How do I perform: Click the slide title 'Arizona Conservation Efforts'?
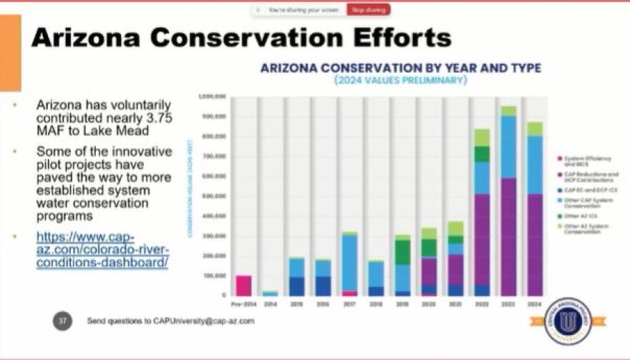pos(241,37)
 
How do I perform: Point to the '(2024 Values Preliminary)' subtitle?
pos(400,80)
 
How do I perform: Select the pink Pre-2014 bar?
pos(243,285)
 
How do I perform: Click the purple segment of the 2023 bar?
pos(508,236)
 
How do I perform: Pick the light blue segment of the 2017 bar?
pos(349,261)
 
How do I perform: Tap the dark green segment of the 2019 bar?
pos(402,252)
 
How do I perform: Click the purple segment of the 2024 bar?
pos(535,244)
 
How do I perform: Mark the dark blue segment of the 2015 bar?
pos(296,286)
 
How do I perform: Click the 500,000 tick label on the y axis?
pos(213,195)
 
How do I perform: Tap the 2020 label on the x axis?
pos(429,303)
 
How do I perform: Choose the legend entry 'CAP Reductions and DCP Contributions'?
pos(591,177)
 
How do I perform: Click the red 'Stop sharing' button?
pos(368,10)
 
